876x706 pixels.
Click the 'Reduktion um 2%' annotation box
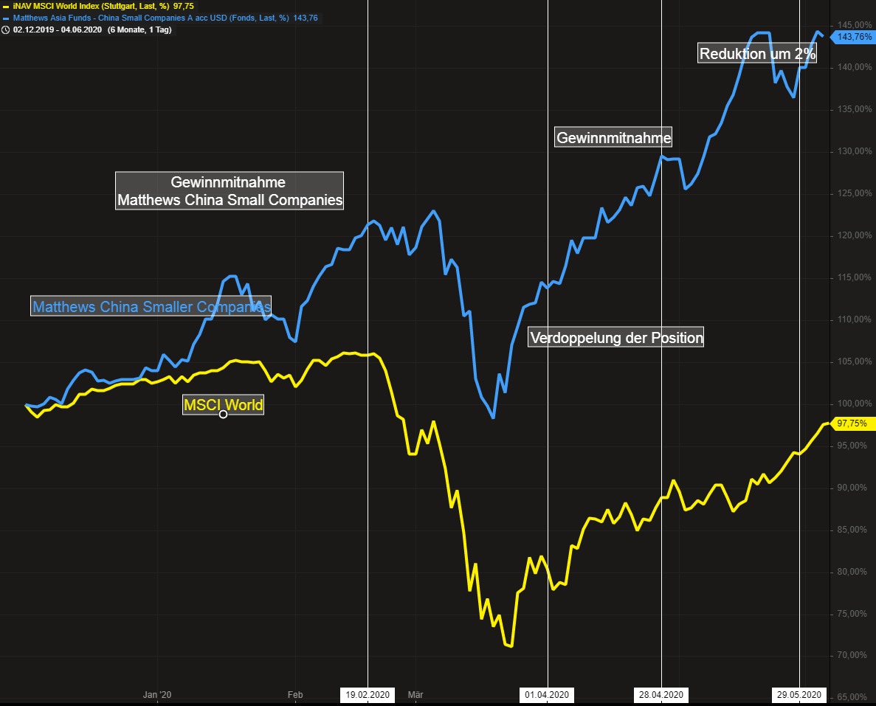[x=757, y=53]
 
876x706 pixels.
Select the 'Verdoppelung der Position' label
[x=617, y=338]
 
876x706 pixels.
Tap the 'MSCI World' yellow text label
[x=223, y=404]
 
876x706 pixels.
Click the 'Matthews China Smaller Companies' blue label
[x=151, y=306]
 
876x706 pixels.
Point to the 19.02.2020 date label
[x=368, y=694]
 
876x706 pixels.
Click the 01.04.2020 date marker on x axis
[x=547, y=694]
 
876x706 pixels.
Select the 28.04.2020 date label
[x=661, y=694]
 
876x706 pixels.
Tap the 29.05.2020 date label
[x=799, y=694]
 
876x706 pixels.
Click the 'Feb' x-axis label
[x=295, y=694]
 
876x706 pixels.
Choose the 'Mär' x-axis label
[x=415, y=694]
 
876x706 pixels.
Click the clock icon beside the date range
[x=6, y=30]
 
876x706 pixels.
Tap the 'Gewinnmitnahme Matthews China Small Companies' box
[x=230, y=190]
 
